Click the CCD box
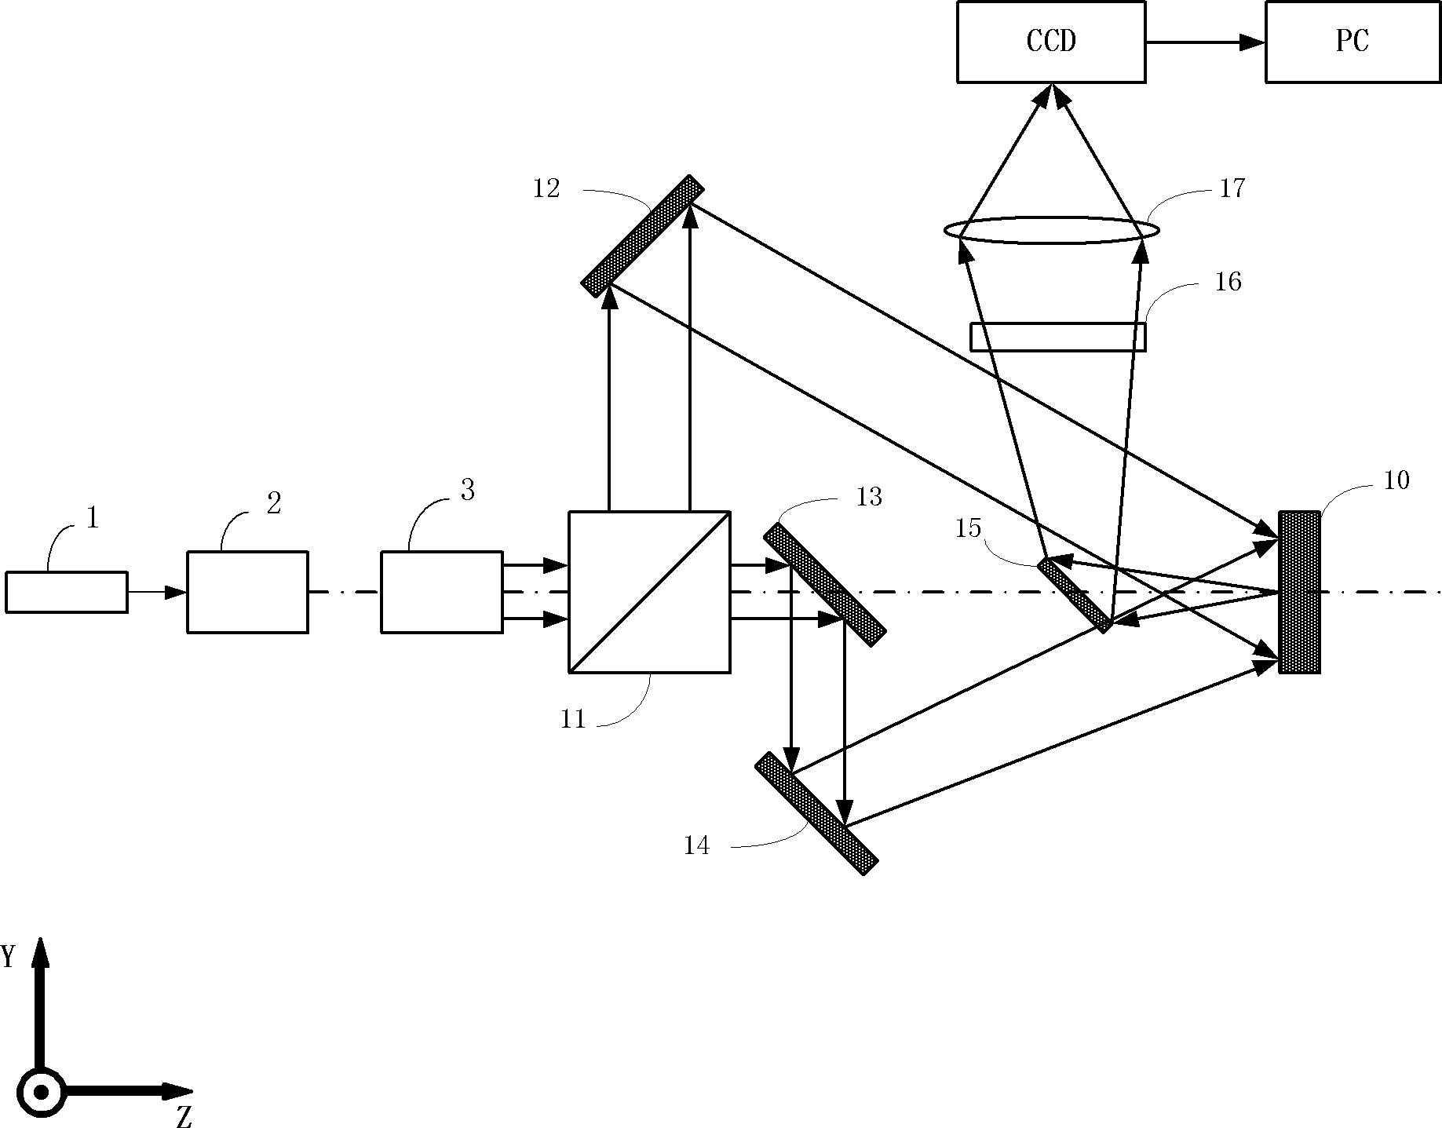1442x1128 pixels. (x=1050, y=42)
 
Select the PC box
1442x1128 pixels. (x=1353, y=42)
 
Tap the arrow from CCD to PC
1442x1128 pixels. (x=1204, y=42)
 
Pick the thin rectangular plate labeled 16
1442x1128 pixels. (x=1057, y=337)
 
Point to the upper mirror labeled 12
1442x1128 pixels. (x=643, y=235)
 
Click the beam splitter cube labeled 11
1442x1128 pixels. (x=649, y=592)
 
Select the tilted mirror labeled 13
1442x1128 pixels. (x=824, y=585)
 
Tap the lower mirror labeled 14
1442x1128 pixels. (x=816, y=813)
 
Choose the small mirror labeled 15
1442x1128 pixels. (x=1075, y=595)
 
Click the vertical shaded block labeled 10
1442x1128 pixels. (x=1299, y=592)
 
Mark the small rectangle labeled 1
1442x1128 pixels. (x=66, y=592)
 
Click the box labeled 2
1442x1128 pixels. (x=247, y=592)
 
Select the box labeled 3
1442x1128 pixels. (x=441, y=592)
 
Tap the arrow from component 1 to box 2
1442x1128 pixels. (x=157, y=592)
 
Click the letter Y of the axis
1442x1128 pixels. (x=9, y=957)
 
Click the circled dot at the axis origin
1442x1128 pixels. (x=41, y=1091)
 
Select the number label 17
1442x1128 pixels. (x=1232, y=188)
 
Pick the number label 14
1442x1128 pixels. (x=696, y=845)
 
